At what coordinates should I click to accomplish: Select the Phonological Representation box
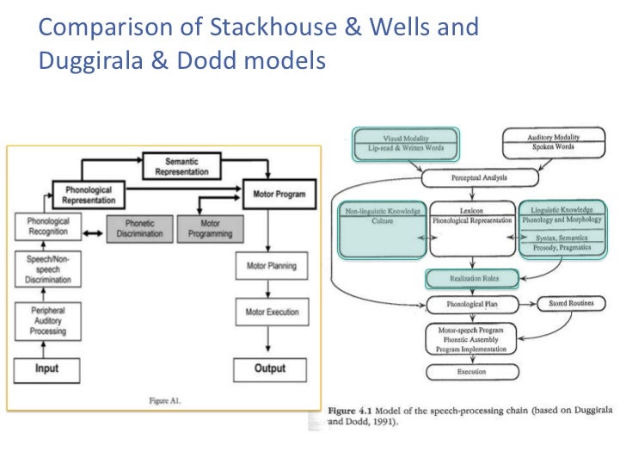tap(87, 195)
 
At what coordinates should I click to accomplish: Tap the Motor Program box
tap(279, 194)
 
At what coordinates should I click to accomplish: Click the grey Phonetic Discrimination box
tap(139, 227)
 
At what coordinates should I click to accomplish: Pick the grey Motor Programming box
tap(210, 227)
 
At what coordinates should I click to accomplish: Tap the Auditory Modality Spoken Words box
tap(553, 142)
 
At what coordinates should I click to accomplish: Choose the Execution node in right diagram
tap(471, 372)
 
